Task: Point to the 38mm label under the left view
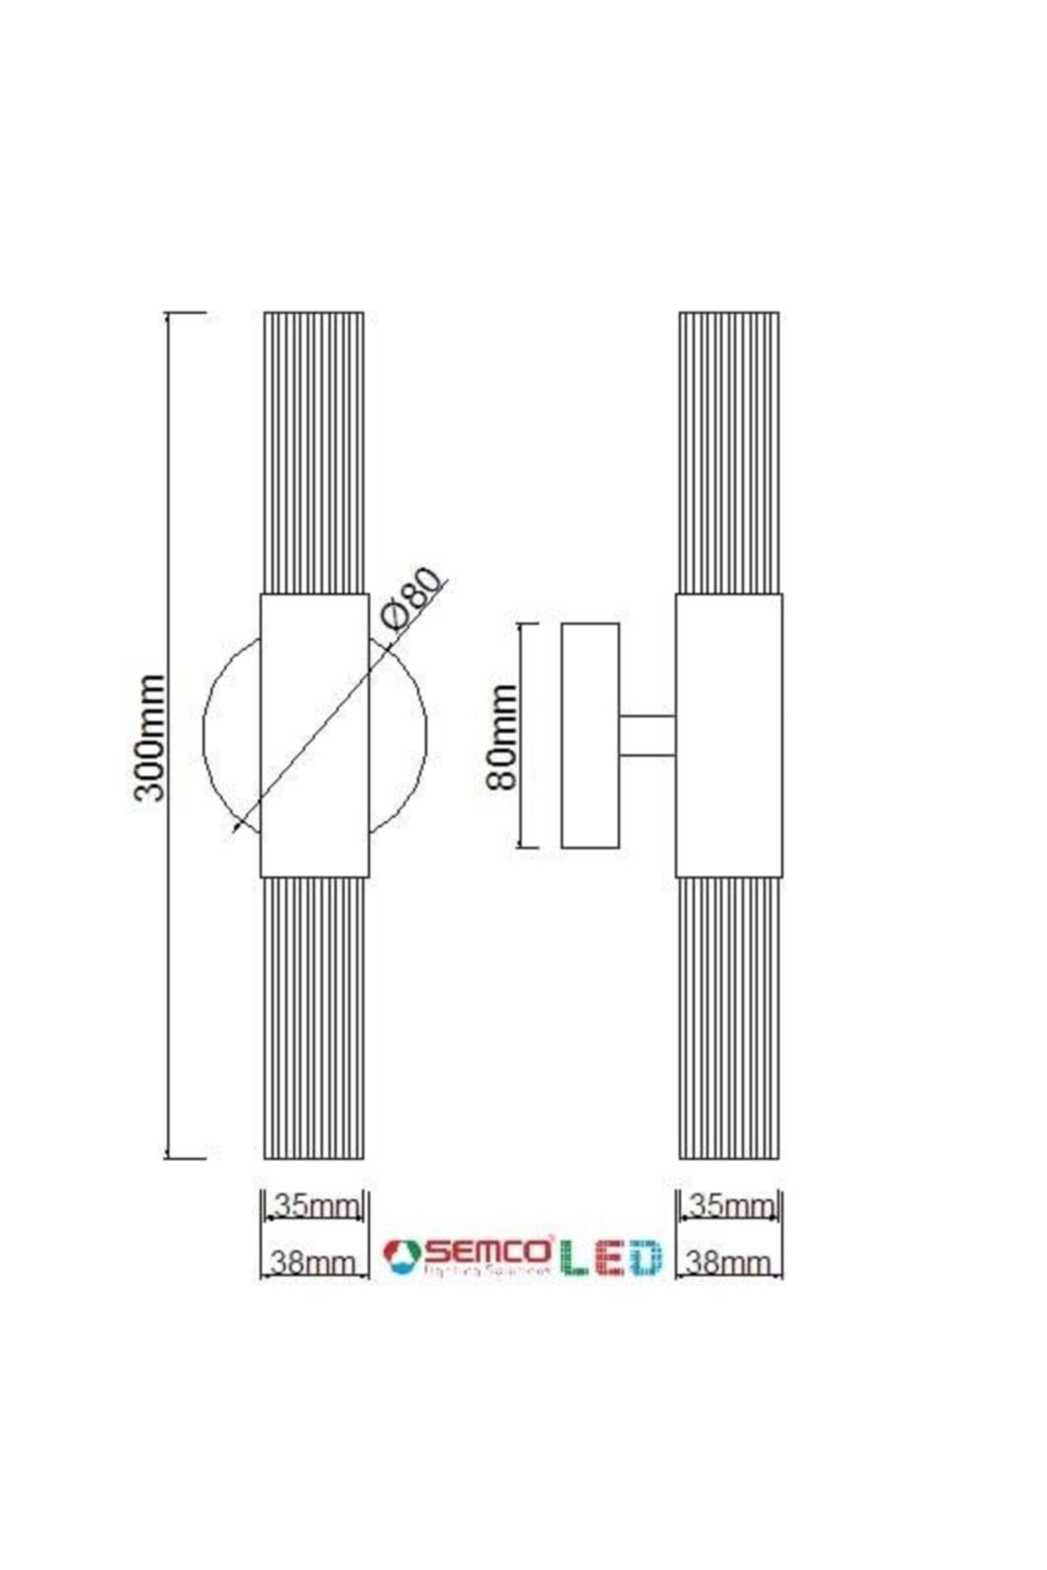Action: (x=313, y=1261)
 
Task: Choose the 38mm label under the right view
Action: (x=729, y=1261)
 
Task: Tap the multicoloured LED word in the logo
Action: (x=611, y=1256)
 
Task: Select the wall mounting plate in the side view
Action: (x=591, y=735)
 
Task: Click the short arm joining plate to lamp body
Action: (x=647, y=735)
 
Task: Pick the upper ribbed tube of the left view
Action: (x=313, y=454)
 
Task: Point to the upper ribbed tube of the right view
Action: (x=729, y=454)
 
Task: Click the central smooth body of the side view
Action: (x=729, y=735)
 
